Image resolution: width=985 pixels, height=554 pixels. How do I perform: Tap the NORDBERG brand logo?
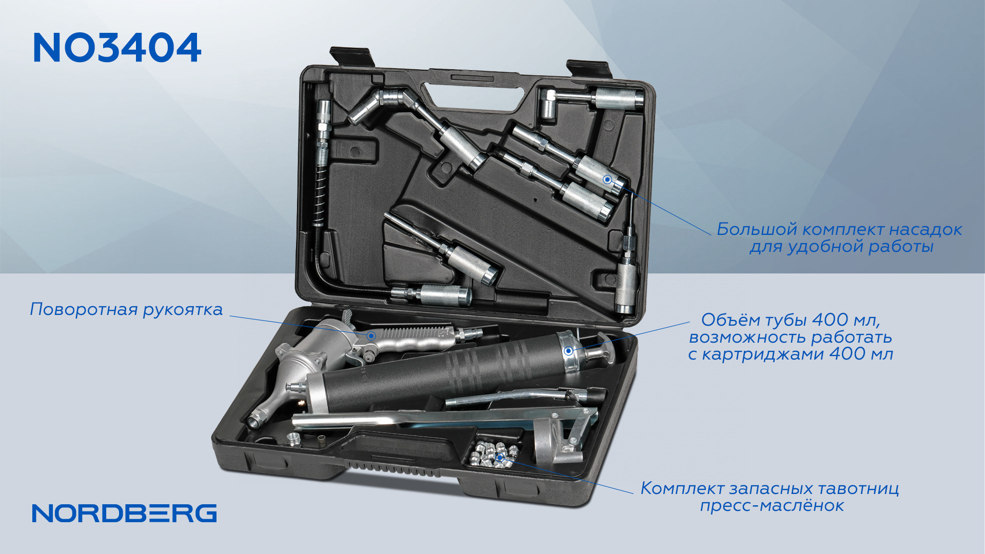pyautogui.click(x=125, y=513)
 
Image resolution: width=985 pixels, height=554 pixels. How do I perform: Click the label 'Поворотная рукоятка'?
pyautogui.click(x=126, y=309)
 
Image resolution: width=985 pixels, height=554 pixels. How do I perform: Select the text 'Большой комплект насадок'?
pyautogui.click(x=839, y=229)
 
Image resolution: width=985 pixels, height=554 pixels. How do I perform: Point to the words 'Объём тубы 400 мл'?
pyautogui.click(x=791, y=320)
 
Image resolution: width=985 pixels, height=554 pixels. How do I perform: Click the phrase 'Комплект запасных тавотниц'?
pyautogui.click(x=770, y=488)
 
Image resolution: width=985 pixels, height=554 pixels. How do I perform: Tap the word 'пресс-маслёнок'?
pyautogui.click(x=772, y=506)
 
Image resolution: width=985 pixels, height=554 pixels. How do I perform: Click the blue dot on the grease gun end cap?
pyautogui.click(x=568, y=351)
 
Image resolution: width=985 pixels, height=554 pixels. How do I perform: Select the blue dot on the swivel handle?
pyautogui.click(x=371, y=335)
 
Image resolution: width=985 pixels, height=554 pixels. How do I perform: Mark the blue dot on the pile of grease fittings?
pyautogui.click(x=500, y=457)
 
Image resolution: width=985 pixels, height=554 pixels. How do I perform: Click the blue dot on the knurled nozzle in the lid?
pyautogui.click(x=607, y=180)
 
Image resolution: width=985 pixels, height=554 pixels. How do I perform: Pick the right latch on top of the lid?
pyautogui.click(x=588, y=68)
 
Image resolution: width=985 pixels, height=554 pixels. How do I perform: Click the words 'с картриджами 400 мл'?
pyautogui.click(x=791, y=354)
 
